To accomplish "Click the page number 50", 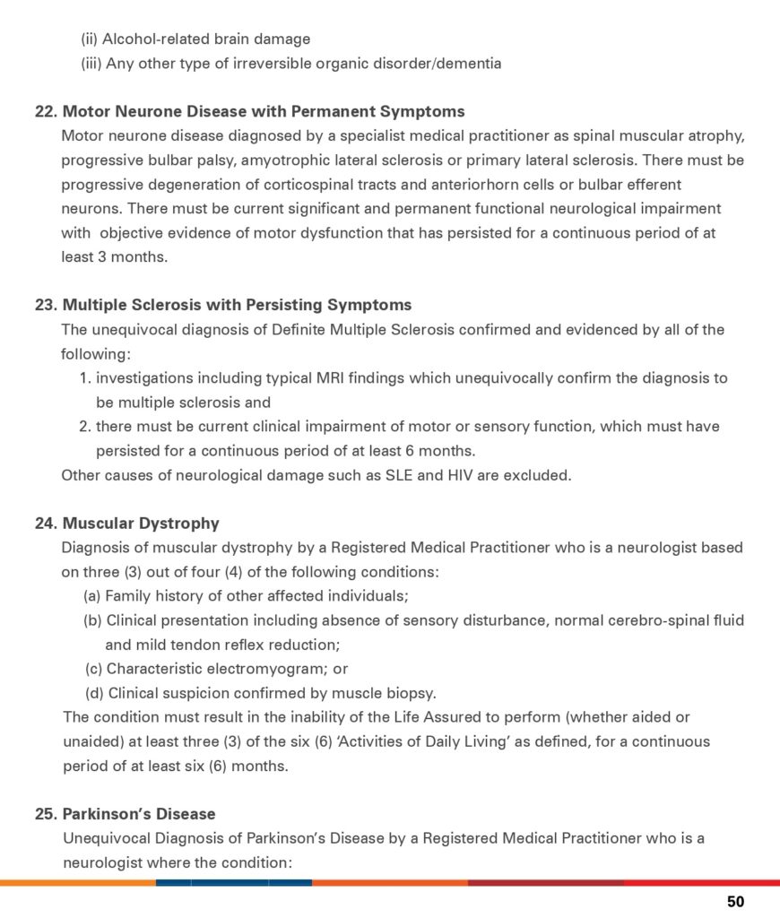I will coord(735,902).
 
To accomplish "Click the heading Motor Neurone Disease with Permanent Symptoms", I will coord(263,112).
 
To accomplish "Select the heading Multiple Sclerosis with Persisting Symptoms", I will coord(237,305).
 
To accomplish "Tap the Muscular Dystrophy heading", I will coord(141,524).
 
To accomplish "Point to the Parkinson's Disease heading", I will coord(139,814).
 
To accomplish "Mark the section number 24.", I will coord(46,524).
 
